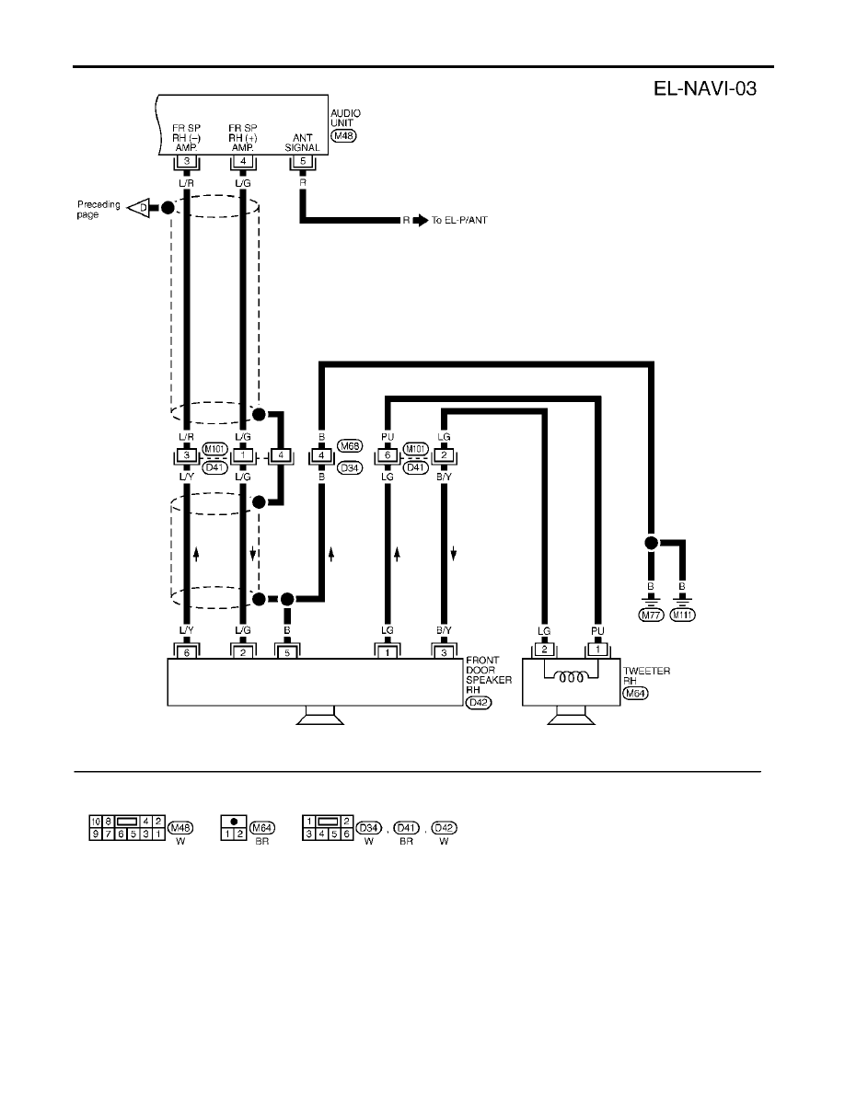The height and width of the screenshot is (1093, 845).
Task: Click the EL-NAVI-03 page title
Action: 705,88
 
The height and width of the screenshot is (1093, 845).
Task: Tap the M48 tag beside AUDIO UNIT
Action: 343,136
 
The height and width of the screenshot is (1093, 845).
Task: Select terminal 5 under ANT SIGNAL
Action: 303,162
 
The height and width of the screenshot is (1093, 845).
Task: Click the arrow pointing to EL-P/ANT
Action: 421,220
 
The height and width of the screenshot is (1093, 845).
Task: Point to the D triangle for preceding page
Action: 139,207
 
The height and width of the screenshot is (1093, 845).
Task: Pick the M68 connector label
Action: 349,446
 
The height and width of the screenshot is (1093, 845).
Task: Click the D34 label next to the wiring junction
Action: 349,467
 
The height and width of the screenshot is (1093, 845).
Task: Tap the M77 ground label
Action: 651,615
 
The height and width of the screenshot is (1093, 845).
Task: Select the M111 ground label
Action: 683,615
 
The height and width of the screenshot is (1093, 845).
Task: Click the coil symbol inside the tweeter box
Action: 571,676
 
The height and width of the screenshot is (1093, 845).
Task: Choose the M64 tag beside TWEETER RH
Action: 635,693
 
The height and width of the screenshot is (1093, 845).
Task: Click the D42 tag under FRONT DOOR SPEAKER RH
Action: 479,703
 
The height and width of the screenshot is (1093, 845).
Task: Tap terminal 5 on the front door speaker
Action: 287,652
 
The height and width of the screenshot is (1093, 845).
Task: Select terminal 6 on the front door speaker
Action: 187,652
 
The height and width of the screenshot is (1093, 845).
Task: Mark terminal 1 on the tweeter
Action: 597,649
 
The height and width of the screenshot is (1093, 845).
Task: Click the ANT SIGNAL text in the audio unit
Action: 302,143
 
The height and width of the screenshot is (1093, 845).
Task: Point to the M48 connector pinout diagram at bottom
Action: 127,827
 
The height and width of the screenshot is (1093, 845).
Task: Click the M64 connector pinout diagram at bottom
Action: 234,827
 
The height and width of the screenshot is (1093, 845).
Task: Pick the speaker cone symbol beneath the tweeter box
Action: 571,716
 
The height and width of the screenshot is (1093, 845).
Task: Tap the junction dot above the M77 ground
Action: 651,543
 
